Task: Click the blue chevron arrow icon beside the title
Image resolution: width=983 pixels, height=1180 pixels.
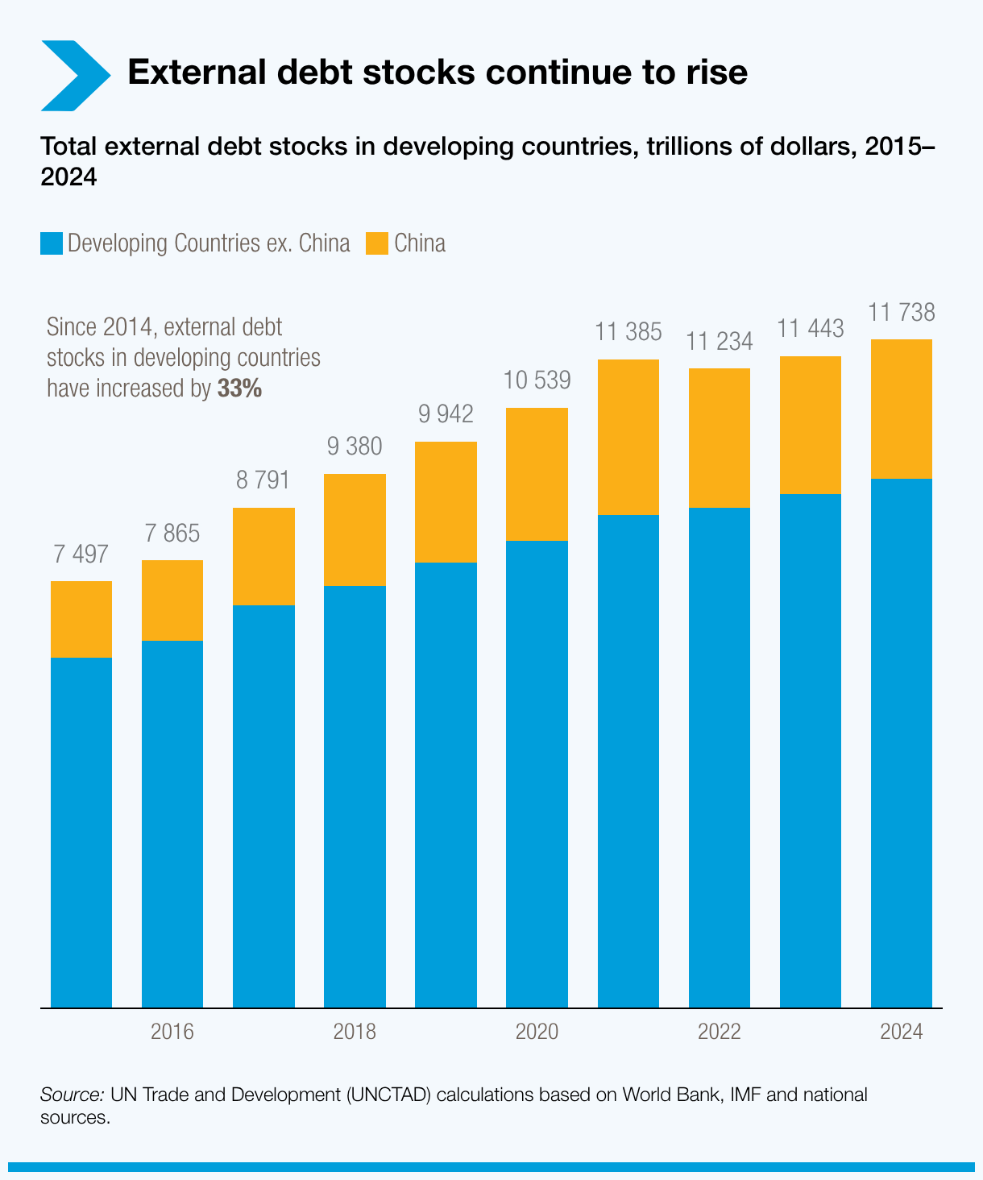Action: pyautogui.click(x=74, y=75)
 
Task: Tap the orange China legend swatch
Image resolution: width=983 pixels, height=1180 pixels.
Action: pyautogui.click(x=376, y=243)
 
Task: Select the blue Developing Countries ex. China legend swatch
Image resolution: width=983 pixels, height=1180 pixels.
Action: pyautogui.click(x=52, y=243)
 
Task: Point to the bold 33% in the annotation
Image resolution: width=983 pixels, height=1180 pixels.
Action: pyautogui.click(x=239, y=389)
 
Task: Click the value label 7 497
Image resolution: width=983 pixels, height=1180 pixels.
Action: pyautogui.click(x=81, y=555)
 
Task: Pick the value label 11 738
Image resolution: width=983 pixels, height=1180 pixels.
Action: pyautogui.click(x=902, y=312)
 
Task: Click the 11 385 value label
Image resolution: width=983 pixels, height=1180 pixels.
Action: pyautogui.click(x=628, y=331)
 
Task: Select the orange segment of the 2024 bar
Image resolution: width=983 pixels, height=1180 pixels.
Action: pyautogui.click(x=902, y=409)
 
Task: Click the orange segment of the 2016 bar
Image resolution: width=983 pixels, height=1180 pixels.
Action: pyautogui.click(x=172, y=600)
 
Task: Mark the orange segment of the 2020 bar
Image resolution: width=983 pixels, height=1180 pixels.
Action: pyautogui.click(x=537, y=474)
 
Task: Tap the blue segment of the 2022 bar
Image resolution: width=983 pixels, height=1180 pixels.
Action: pyautogui.click(x=720, y=757)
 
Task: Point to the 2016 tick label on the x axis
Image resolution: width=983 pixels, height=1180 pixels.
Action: pyautogui.click(x=172, y=1032)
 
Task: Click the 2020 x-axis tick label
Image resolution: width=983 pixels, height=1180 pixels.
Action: pyautogui.click(x=537, y=1032)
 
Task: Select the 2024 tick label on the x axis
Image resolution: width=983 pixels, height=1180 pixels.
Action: pyautogui.click(x=902, y=1032)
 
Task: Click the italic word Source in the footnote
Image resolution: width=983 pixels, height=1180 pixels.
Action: pyautogui.click(x=72, y=1095)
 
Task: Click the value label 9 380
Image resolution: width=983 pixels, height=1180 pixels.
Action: pyautogui.click(x=355, y=447)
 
